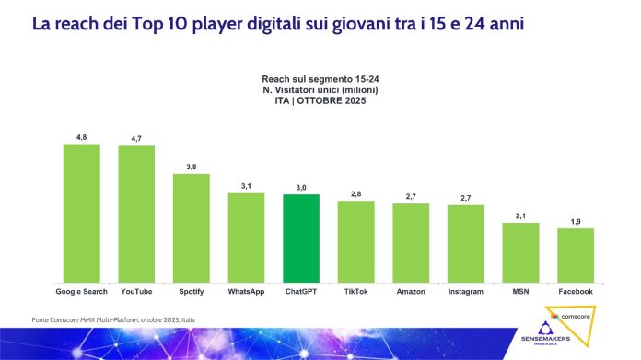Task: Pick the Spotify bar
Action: click(191, 227)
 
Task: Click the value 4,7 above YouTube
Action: click(136, 138)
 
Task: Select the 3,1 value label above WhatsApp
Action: click(246, 186)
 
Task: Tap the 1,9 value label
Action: click(575, 221)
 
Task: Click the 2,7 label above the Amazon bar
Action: click(411, 196)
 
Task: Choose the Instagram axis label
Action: click(465, 291)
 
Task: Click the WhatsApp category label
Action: click(246, 291)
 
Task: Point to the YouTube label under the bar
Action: click(136, 291)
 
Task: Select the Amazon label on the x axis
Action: click(411, 291)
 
